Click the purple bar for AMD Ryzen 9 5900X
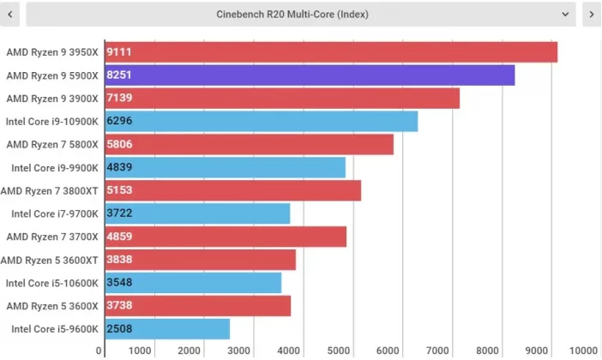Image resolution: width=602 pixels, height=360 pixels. click(310, 75)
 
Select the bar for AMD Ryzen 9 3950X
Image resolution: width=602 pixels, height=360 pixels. click(331, 52)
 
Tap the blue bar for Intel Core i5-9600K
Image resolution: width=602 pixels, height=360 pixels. click(167, 329)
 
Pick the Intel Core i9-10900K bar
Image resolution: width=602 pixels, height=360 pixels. click(261, 122)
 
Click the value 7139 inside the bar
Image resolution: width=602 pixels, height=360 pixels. click(119, 99)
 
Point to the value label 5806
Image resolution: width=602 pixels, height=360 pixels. click(119, 145)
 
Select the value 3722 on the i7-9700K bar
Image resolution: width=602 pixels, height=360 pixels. click(119, 213)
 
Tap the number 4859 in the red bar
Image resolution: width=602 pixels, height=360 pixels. click(119, 237)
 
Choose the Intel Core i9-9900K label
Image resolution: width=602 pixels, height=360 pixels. click(54, 168)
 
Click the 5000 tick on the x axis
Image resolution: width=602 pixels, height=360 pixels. click(340, 350)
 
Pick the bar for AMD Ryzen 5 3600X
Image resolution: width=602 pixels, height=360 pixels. click(197, 306)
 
